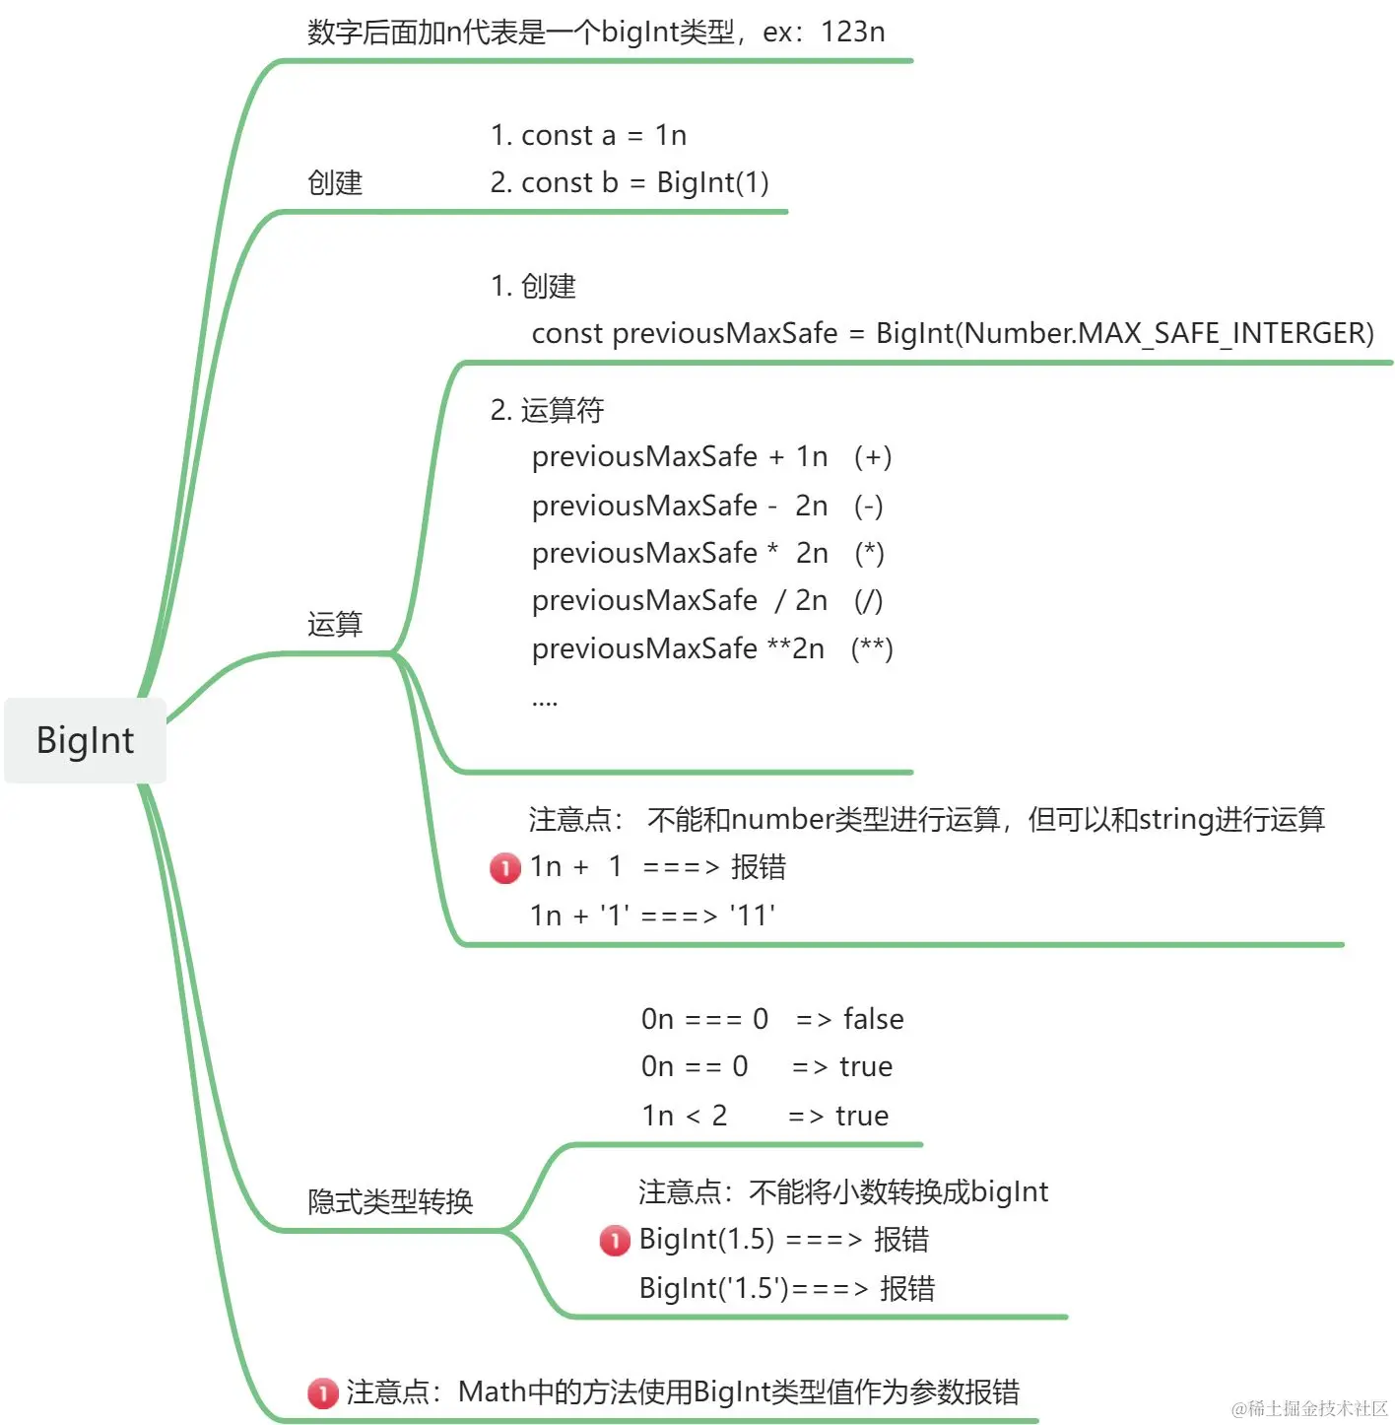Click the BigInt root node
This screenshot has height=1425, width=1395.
(x=85, y=740)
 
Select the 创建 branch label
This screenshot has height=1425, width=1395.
(x=335, y=182)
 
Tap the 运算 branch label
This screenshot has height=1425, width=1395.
(x=335, y=624)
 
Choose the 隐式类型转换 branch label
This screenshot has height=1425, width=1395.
(x=390, y=1201)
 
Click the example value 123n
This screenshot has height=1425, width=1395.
(x=852, y=33)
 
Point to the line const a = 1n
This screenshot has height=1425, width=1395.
(x=588, y=135)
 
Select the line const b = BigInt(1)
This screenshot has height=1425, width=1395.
(x=630, y=182)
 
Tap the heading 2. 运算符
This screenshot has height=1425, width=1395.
(x=547, y=410)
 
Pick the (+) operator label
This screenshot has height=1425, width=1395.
(x=873, y=457)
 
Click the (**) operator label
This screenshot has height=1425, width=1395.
(x=872, y=649)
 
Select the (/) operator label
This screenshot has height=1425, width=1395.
(x=868, y=601)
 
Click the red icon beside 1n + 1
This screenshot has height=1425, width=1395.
(x=505, y=868)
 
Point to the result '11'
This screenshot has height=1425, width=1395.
(x=753, y=916)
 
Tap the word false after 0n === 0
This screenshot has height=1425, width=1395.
(x=873, y=1019)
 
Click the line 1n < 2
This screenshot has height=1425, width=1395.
(x=685, y=1116)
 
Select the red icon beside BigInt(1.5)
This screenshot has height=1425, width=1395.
(x=615, y=1240)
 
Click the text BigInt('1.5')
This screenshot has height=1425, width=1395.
(x=714, y=1288)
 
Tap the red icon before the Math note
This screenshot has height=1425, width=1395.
(x=323, y=1392)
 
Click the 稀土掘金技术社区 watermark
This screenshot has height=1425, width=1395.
(x=1309, y=1408)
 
